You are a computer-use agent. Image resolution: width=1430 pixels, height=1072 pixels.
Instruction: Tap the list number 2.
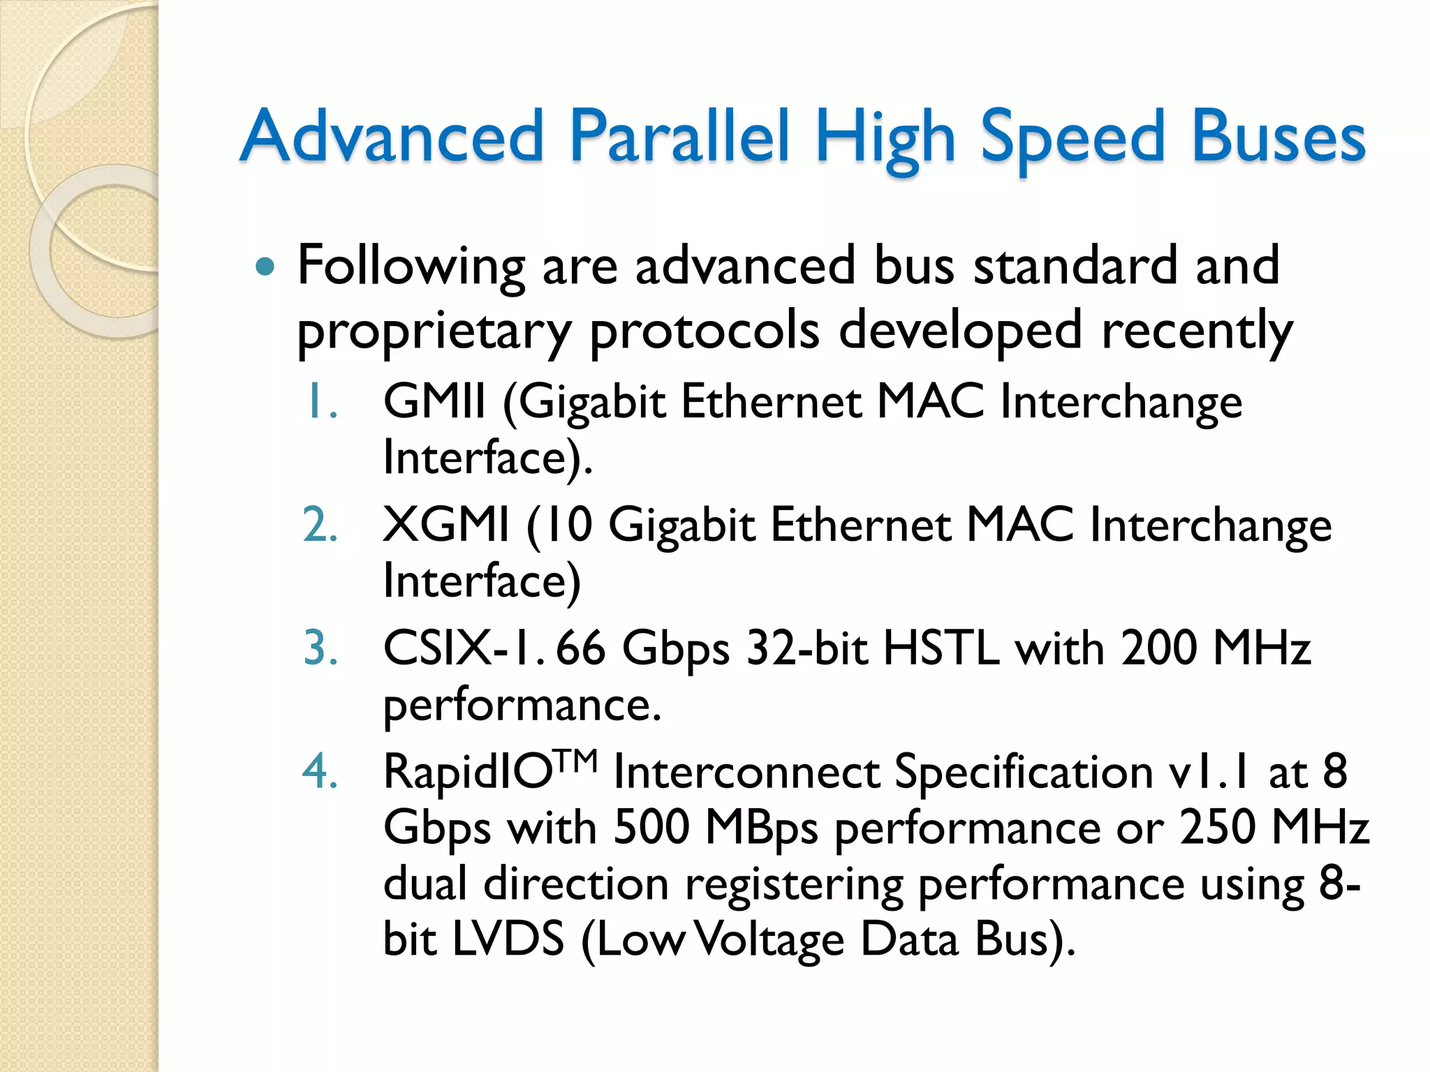tap(320, 526)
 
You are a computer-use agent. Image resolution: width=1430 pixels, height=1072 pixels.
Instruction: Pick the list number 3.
tap(320, 648)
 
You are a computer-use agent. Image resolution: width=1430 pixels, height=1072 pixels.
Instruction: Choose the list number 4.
tap(320, 772)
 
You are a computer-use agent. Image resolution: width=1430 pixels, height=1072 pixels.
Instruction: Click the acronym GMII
tap(434, 403)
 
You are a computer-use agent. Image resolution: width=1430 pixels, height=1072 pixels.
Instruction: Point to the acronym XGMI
tap(446, 526)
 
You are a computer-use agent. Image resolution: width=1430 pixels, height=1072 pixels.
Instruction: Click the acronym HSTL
tap(941, 648)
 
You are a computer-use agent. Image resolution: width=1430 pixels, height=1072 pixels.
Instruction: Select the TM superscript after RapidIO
tap(577, 760)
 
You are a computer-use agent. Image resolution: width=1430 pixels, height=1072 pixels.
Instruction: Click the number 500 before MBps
tap(651, 828)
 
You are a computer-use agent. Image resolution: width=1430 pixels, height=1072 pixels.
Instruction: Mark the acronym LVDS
tap(508, 939)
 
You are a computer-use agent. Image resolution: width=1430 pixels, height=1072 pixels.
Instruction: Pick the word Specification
tap(1023, 773)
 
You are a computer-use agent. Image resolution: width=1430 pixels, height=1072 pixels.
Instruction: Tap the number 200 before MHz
tap(1160, 648)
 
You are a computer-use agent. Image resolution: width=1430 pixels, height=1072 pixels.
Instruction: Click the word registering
tap(794, 884)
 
